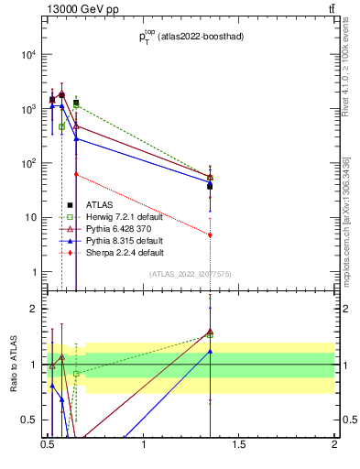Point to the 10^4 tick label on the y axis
(27, 55)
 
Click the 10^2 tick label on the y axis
(27, 164)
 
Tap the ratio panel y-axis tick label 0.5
(30, 420)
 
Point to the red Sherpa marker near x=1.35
(211, 234)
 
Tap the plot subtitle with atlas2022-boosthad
(185, 38)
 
